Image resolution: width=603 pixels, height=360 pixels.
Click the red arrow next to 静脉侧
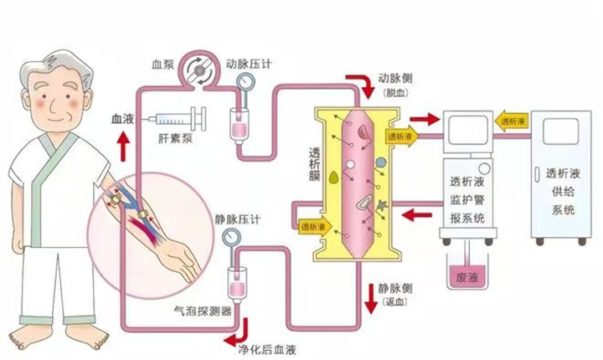tap(371, 295)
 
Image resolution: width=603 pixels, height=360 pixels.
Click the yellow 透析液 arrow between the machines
tap(511, 121)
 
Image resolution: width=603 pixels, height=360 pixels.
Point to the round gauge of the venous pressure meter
tap(229, 239)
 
